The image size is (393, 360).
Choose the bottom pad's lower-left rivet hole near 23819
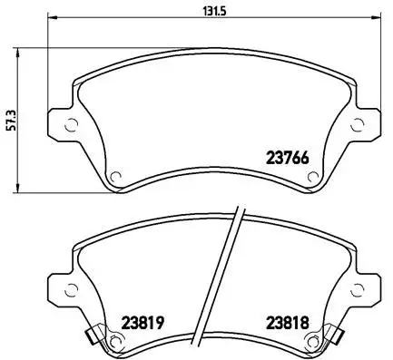coord(115,341)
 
